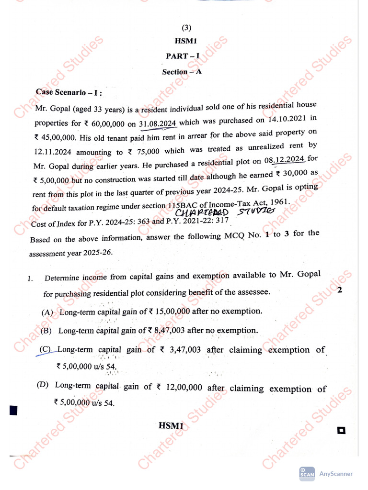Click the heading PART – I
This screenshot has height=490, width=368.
tap(183, 56)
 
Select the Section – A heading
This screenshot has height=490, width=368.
tap(182, 72)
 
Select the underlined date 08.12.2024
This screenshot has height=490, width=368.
tap(287, 159)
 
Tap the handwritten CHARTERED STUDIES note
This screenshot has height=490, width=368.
tap(225, 212)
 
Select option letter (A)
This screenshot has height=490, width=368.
tap(48, 312)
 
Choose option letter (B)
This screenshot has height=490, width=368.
tap(46, 331)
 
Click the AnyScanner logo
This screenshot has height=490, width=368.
tap(307, 473)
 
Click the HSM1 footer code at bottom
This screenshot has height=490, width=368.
tap(172, 425)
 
